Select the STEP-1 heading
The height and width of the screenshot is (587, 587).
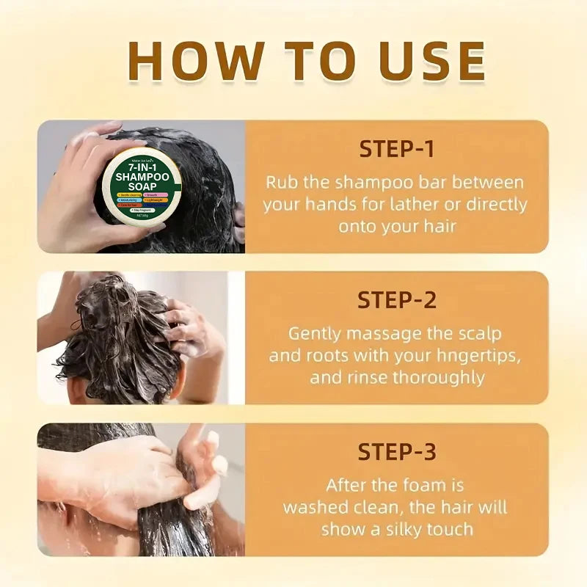[396, 149]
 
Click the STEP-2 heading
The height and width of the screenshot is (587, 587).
[396, 300]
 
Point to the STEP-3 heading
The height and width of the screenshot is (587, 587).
[396, 451]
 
